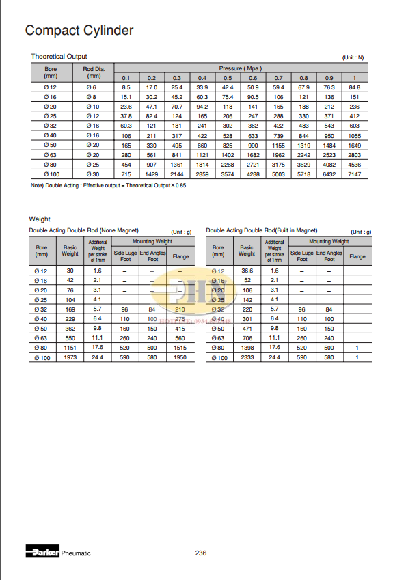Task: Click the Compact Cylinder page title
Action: [x=79, y=30]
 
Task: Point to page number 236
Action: [x=200, y=553]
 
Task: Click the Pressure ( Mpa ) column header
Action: [x=241, y=69]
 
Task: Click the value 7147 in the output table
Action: [x=354, y=175]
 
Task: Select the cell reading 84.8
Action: [x=354, y=87]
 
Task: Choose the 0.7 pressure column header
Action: [x=278, y=78]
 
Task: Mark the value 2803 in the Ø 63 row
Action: [x=354, y=155]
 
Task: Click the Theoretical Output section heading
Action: [x=59, y=56]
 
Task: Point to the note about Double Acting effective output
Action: [x=98, y=185]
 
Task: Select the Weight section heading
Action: [x=40, y=219]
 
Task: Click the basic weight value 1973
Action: [x=70, y=357]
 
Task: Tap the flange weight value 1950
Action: [x=180, y=357]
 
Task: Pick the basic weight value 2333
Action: [x=247, y=357]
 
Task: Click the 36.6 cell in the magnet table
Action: [x=247, y=271]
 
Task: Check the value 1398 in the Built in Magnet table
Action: [x=247, y=347]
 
